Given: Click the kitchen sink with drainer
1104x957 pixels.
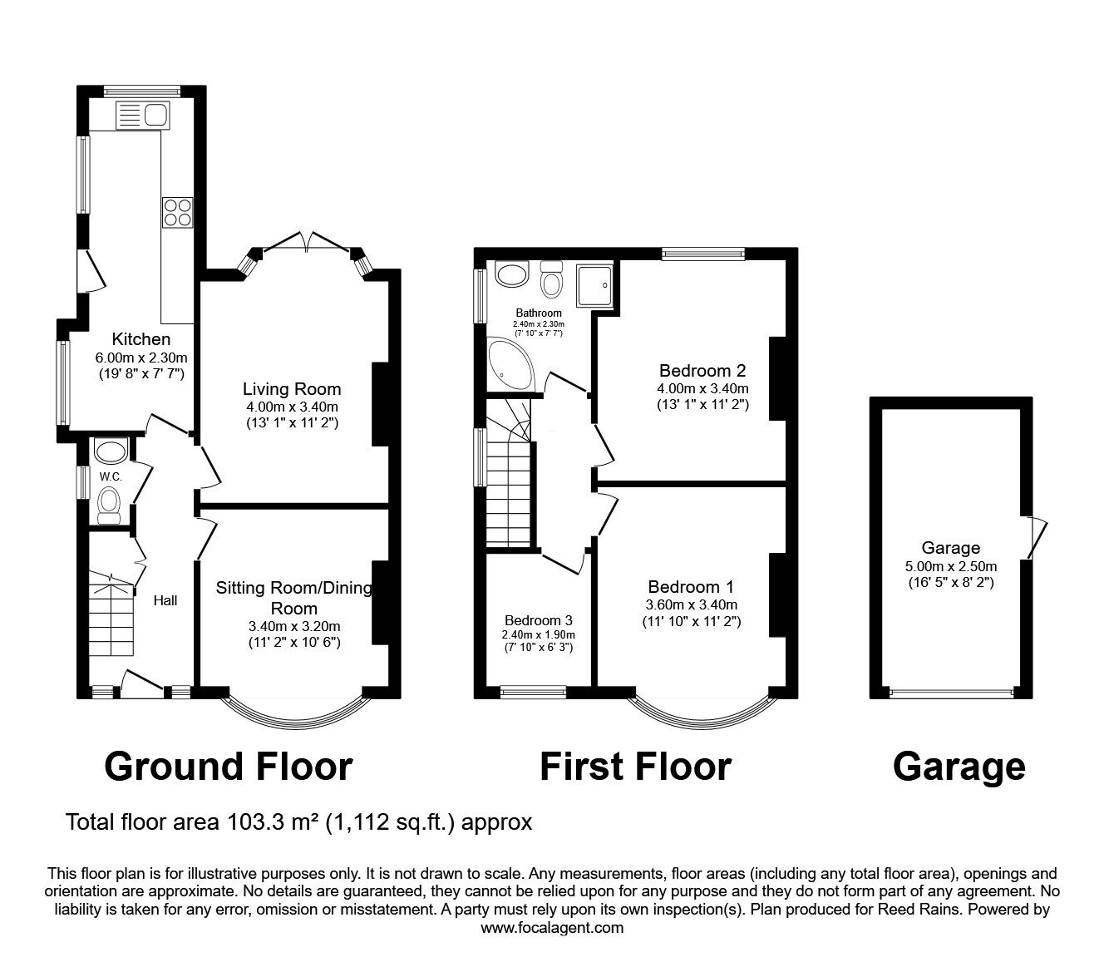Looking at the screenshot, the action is pyautogui.click(x=143, y=115).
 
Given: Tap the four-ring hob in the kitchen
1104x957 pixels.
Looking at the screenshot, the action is pyautogui.click(x=178, y=213).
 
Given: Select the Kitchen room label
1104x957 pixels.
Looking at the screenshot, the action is pyautogui.click(x=141, y=338).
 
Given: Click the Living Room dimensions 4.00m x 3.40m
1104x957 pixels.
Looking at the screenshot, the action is pyautogui.click(x=292, y=407).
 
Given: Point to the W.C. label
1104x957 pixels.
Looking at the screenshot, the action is pyautogui.click(x=111, y=476).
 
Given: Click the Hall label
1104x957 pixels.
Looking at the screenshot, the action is pyautogui.click(x=165, y=600).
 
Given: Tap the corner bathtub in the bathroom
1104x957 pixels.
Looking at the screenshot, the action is pyautogui.click(x=510, y=364).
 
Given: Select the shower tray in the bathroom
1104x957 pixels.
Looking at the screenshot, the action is pyautogui.click(x=594, y=286).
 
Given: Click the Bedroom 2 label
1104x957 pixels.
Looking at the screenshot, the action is pyautogui.click(x=702, y=370).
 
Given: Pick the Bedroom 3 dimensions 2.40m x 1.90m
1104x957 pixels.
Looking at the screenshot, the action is pyautogui.click(x=539, y=634).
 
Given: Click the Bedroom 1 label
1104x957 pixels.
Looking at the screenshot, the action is pyautogui.click(x=691, y=587).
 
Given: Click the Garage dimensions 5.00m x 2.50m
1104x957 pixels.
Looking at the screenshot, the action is pyautogui.click(x=951, y=566).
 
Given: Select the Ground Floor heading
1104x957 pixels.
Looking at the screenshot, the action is pyautogui.click(x=229, y=767).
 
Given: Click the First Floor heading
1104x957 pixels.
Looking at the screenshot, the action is pyautogui.click(x=636, y=767).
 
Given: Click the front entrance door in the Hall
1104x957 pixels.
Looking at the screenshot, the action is pyautogui.click(x=142, y=683).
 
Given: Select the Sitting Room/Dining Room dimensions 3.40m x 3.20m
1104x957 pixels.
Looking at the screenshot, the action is pyautogui.click(x=294, y=626).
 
